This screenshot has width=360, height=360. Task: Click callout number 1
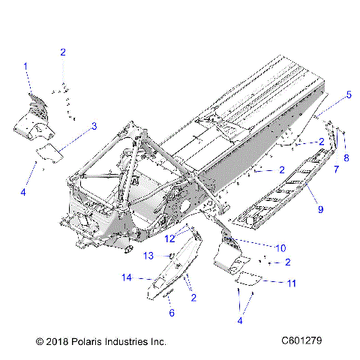pyautogui.click(x=26, y=67)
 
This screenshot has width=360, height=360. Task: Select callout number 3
pyautogui.click(x=94, y=127)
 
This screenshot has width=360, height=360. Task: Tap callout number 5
pyautogui.click(x=348, y=95)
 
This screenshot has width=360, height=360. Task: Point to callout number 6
pyautogui.click(x=172, y=313)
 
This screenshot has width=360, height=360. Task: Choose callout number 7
pyautogui.click(x=336, y=170)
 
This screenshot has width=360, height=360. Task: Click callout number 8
pyautogui.click(x=346, y=157)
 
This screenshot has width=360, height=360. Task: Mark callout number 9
pyautogui.click(x=320, y=209)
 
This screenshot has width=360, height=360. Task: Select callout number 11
pyautogui.click(x=292, y=283)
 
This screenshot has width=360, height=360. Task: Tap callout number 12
pyautogui.click(x=171, y=238)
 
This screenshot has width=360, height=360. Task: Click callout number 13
pyautogui.click(x=148, y=256)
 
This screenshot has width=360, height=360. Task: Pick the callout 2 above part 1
pyautogui.click(x=63, y=52)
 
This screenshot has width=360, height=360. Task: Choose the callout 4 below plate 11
pyautogui.click(x=239, y=320)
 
